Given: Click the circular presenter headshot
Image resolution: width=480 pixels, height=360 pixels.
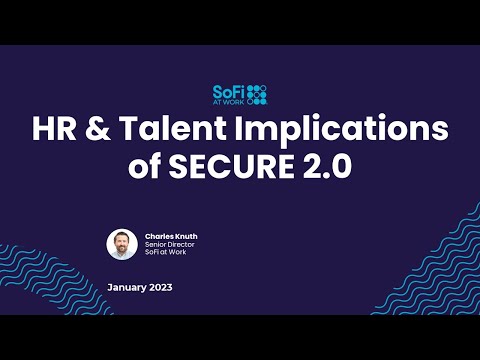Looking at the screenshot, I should click(x=122, y=244).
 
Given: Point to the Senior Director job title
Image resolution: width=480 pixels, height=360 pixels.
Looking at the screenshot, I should click(x=168, y=245).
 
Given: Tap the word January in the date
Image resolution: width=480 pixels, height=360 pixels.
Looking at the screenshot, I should click(x=127, y=288).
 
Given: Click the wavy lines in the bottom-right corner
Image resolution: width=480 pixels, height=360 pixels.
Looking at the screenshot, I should click(x=440, y=260).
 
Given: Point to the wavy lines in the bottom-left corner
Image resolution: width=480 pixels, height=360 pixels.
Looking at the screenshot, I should click(x=25, y=300).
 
